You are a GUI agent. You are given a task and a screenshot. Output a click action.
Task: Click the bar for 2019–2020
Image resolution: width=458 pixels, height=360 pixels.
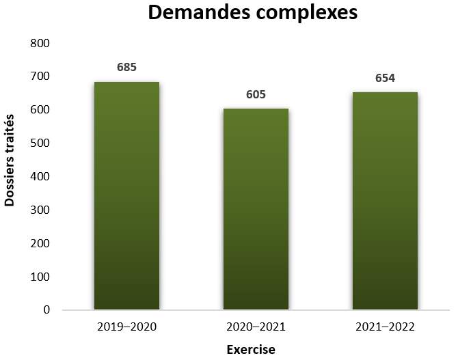pyautogui.click(x=126, y=196)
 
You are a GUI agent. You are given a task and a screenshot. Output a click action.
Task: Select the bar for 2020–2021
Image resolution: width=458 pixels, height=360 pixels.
pyautogui.click(x=256, y=209)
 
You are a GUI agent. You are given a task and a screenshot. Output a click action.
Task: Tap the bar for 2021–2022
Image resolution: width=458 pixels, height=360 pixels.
pyautogui.click(x=385, y=201)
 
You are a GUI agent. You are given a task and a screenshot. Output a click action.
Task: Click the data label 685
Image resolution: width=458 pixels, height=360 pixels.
pyautogui.click(x=126, y=67)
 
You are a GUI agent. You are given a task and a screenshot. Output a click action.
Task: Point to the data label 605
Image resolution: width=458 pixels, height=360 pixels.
pyautogui.click(x=256, y=94)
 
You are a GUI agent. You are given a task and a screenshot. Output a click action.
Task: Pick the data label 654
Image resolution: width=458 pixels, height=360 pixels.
pyautogui.click(x=385, y=78)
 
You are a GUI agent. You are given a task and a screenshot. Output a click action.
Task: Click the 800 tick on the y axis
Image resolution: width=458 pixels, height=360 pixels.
pyautogui.click(x=40, y=43)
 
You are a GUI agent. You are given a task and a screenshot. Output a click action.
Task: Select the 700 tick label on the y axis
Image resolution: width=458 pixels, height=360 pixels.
pyautogui.click(x=40, y=77)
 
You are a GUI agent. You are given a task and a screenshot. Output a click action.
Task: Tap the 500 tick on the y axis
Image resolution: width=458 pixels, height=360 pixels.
pyautogui.click(x=40, y=143)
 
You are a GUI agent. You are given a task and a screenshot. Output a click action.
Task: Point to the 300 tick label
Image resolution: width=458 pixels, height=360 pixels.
pyautogui.click(x=40, y=210)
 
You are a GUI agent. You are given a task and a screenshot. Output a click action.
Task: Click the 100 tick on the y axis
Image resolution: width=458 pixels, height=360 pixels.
pyautogui.click(x=40, y=277)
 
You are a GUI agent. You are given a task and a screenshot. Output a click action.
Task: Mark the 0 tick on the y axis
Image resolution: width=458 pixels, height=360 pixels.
pyautogui.click(x=46, y=310)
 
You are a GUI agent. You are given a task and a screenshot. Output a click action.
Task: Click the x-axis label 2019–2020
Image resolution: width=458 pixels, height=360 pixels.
pyautogui.click(x=126, y=327)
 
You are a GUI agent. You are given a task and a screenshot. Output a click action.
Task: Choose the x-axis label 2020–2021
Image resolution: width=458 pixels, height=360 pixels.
pyautogui.click(x=256, y=327)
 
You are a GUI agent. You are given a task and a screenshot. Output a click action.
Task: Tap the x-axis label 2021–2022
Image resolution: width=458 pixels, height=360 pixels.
pyautogui.click(x=385, y=327)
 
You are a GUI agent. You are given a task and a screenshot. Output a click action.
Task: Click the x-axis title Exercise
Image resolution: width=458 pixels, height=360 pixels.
pyautogui.click(x=251, y=350)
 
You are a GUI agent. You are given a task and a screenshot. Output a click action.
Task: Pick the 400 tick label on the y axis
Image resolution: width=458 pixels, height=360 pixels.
pyautogui.click(x=40, y=176)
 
